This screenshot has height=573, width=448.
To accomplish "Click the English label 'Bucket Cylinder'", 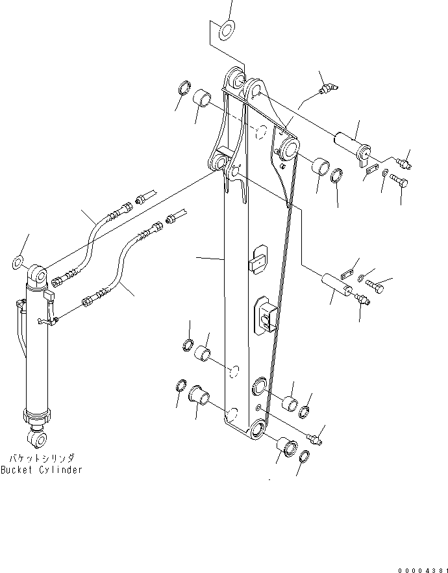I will (42, 470).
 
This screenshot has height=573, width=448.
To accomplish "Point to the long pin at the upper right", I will (351, 144).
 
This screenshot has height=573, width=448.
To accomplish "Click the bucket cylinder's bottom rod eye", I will (37, 440).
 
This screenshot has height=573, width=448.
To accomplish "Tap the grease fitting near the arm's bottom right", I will (316, 439).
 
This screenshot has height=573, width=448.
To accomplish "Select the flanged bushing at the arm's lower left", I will (198, 395).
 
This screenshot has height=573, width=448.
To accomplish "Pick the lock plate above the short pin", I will (349, 264).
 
